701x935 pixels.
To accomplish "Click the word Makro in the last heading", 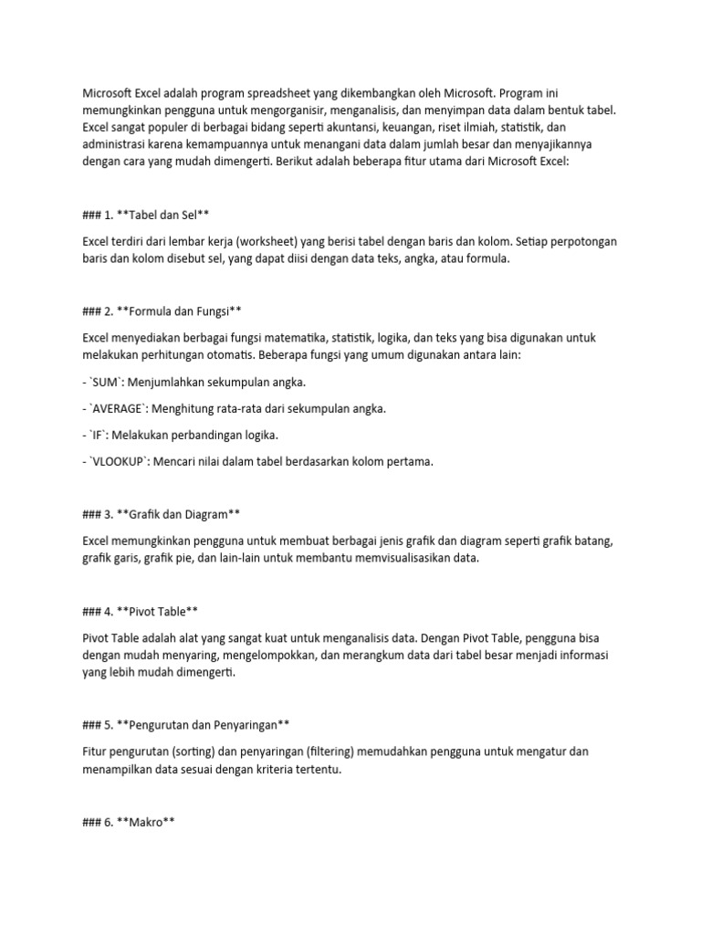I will tap(147, 822).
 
